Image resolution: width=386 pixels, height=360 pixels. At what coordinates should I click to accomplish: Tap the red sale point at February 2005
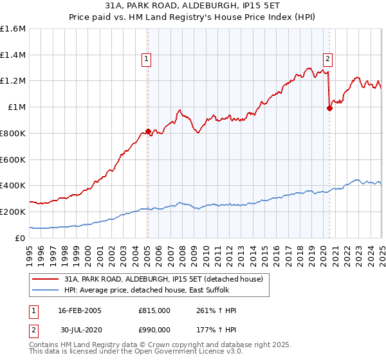pyautogui.click(x=148, y=131)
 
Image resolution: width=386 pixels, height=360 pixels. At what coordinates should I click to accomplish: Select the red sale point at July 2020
pyautogui.click(x=329, y=108)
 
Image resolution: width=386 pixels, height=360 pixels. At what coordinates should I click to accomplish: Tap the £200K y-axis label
pyautogui.click(x=13, y=212)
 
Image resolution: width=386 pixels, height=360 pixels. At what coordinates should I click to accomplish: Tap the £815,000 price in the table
pyautogui.click(x=154, y=310)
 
